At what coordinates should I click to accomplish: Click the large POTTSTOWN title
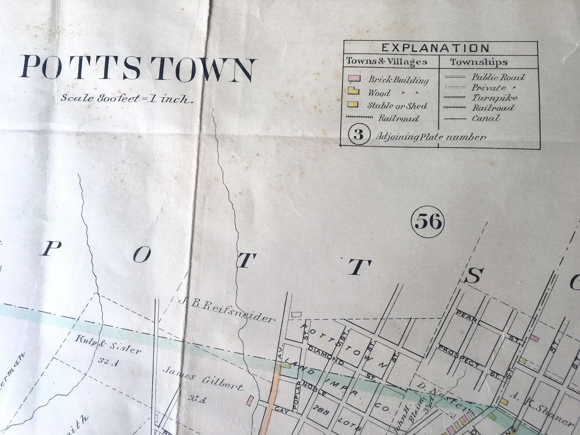pos(138,68)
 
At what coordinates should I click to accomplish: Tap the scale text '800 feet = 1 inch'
pos(126,99)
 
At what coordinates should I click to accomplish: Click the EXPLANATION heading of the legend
pos(435,48)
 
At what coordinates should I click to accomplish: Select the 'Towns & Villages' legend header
pos(387,61)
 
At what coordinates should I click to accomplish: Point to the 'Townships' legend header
pos(478,62)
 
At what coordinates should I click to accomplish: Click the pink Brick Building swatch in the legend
pos(354,79)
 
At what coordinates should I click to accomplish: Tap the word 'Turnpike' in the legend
pos(495,98)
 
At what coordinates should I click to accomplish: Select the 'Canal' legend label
pos(486,118)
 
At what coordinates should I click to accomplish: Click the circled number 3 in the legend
pos(358,135)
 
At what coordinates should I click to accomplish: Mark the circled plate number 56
pos(428,221)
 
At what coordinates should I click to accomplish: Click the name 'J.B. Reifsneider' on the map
pos(227,310)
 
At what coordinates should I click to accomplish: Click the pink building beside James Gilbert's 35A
pos(250,400)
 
